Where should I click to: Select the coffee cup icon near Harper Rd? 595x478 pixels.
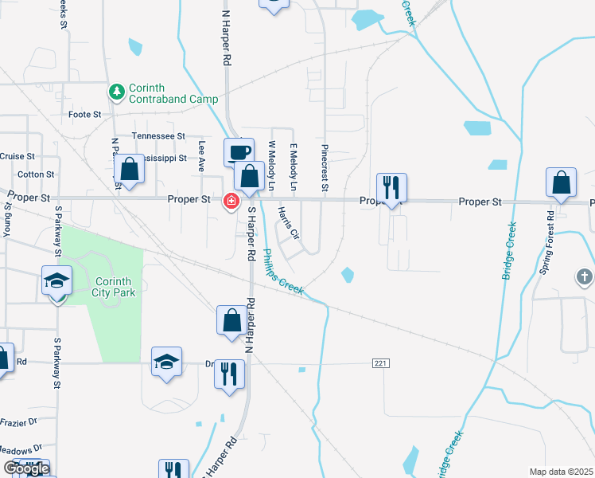click(239, 151)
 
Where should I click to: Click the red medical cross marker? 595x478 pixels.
click(231, 202)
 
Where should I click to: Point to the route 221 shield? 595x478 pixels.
click(380, 363)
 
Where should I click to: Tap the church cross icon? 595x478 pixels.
click(585, 276)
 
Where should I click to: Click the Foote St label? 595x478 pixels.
click(84, 115)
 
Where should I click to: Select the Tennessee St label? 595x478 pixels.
click(158, 137)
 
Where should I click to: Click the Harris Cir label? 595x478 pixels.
click(288, 224)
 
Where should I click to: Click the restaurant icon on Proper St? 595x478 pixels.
click(391, 188)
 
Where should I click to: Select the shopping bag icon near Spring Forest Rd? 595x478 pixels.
click(561, 183)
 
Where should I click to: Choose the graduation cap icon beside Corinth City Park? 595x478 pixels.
click(57, 280)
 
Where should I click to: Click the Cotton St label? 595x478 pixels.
click(35, 174)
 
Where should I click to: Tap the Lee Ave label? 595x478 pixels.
click(202, 156)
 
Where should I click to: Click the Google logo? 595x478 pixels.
click(26, 468)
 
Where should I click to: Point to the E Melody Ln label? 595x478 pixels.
click(293, 167)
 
